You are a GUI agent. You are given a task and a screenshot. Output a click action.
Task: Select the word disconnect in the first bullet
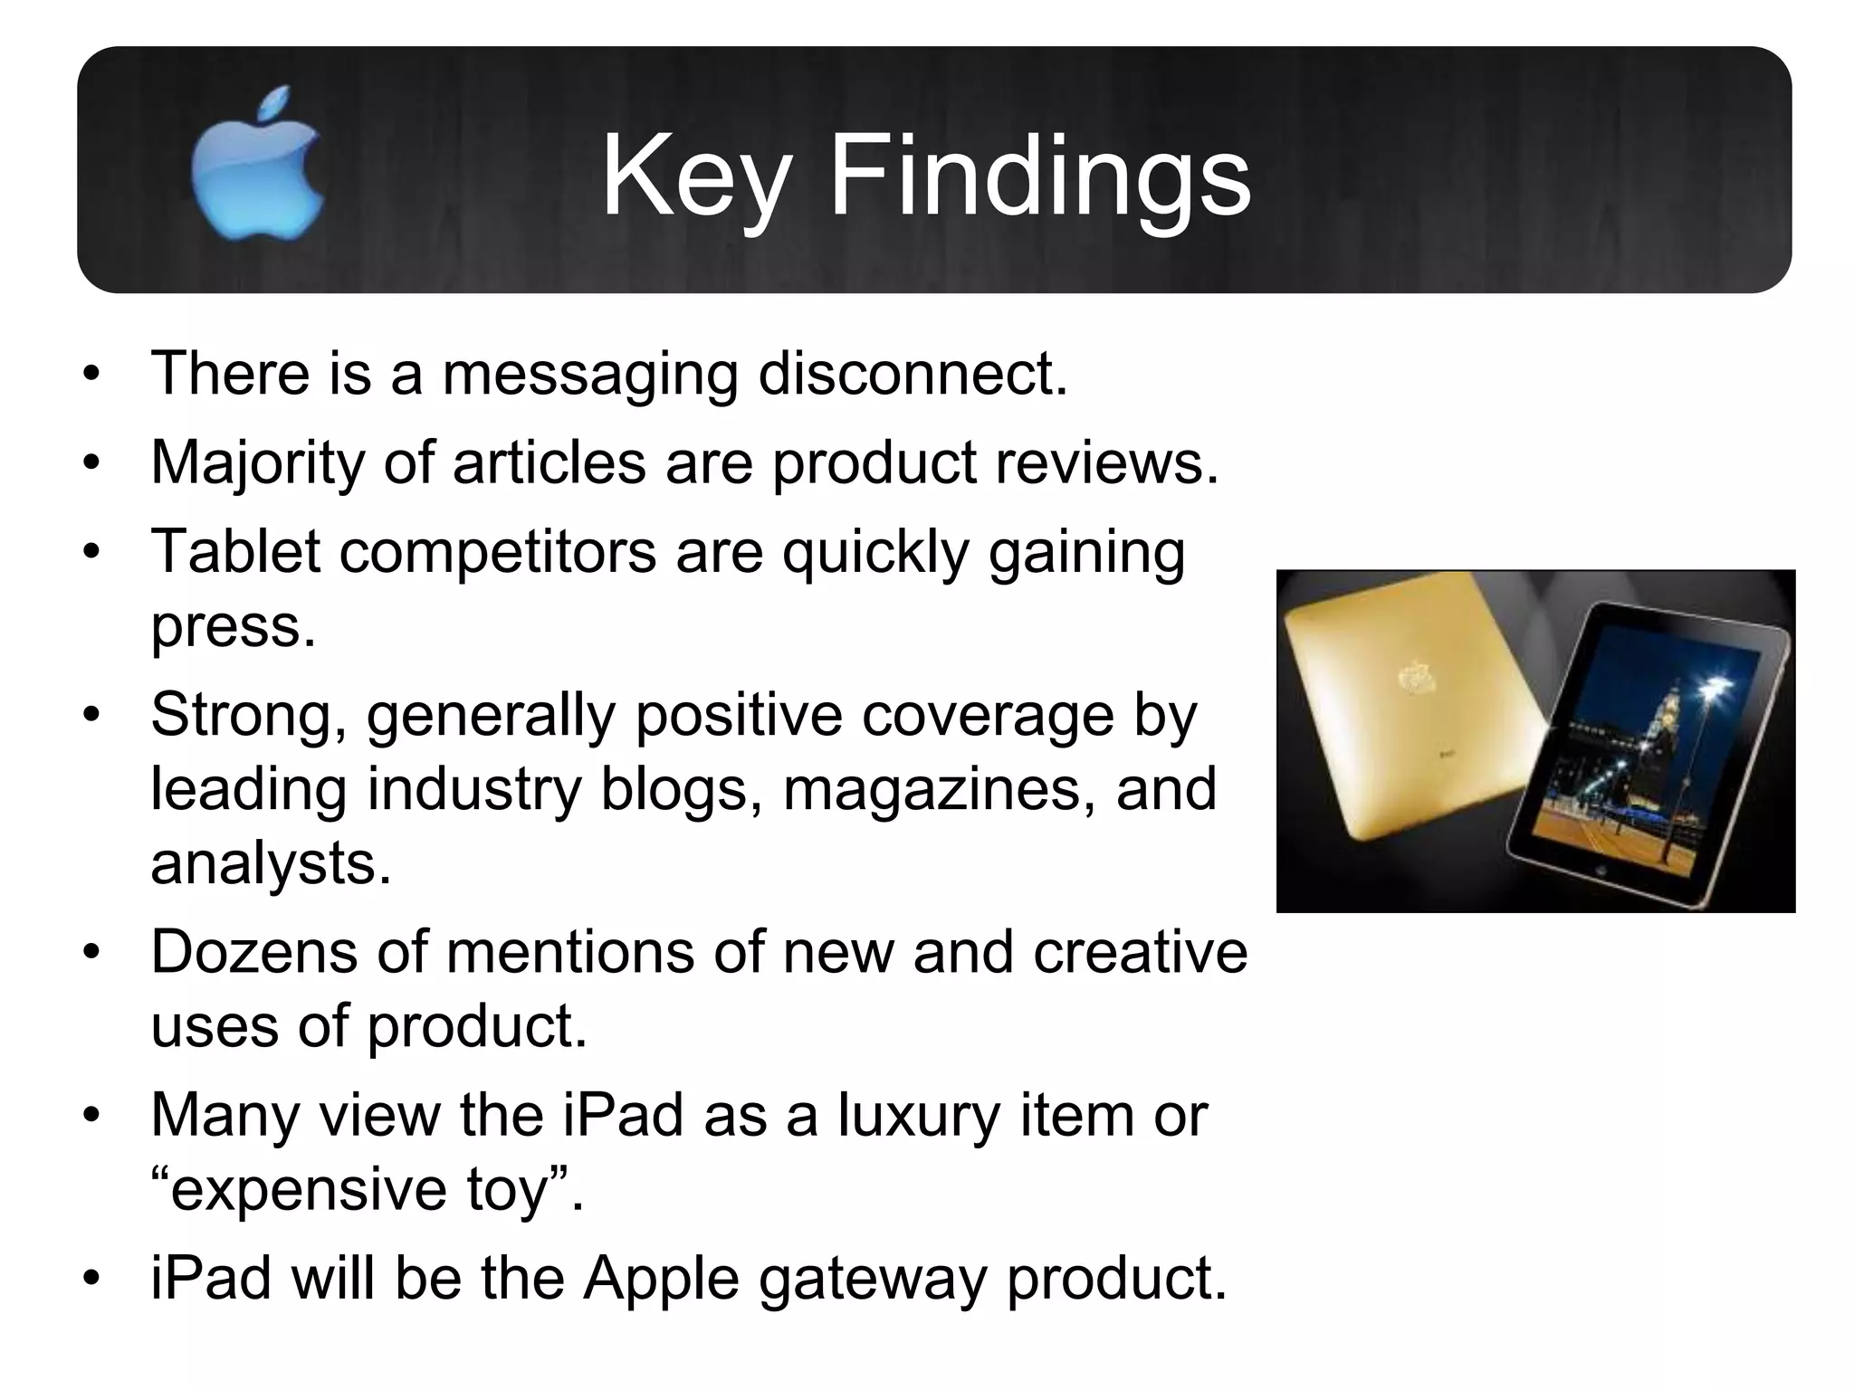tap(913, 373)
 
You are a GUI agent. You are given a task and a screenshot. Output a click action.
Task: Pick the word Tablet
tap(235, 551)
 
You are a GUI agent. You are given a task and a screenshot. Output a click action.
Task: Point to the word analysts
tap(271, 862)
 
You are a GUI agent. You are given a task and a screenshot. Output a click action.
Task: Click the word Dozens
tap(254, 952)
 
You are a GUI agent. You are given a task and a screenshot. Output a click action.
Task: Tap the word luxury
tap(919, 1115)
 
